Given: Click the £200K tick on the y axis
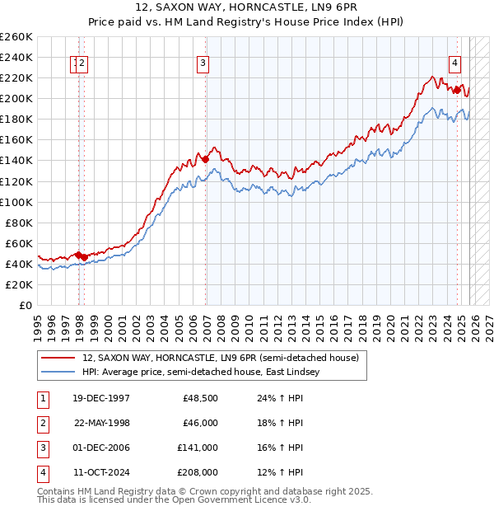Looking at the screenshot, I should (x=16, y=98).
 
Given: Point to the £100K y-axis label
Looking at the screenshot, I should (x=16, y=202).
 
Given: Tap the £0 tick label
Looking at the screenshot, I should (x=25, y=305).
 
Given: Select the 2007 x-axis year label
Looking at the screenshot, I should (x=207, y=322).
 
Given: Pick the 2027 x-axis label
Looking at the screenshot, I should (x=488, y=322).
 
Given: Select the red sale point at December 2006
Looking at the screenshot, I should (x=205, y=159).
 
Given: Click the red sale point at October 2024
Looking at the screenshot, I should (x=456, y=90).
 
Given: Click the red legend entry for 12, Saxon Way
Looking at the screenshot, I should (x=220, y=359).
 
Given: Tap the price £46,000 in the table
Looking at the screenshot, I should (x=200, y=423).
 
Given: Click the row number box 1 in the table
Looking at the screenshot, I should (x=42, y=398).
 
